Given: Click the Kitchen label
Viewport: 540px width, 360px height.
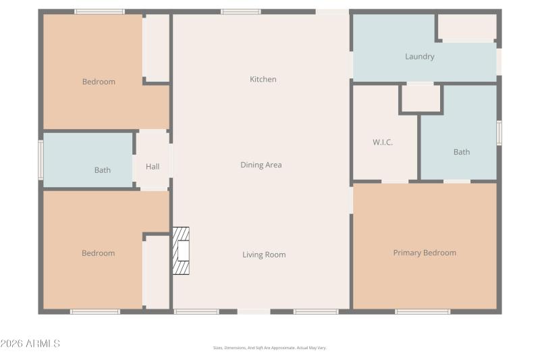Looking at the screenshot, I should pos(263,79).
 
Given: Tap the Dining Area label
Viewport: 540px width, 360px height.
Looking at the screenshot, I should pos(261,165).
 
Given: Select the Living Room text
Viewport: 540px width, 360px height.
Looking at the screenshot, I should pos(264,255).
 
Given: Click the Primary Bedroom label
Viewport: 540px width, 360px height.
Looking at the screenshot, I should pos(425,253).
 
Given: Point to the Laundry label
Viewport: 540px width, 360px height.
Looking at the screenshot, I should pos(419,56).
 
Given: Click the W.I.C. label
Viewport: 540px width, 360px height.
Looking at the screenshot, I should pos(383,143).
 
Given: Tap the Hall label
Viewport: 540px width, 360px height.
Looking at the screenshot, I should pos(153,166).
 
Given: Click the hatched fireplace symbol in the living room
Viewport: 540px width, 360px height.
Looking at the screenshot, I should pos(181,251).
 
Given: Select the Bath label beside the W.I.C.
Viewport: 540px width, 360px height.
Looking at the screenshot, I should pos(461,152).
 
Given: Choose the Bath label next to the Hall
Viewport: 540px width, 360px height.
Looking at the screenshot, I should pos(103,170).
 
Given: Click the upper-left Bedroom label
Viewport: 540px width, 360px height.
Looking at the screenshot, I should pos(99,82).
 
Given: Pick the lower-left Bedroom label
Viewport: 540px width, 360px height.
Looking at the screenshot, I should pos(98,253).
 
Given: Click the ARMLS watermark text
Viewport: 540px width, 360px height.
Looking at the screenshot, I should pos(30,344).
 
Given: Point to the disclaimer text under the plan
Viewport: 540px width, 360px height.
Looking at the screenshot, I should pos(269,348).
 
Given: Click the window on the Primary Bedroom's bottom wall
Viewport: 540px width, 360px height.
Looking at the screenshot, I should pos(423,311).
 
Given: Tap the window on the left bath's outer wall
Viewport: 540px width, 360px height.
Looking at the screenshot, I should pos(40,160).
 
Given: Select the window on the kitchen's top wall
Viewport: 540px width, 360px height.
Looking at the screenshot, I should pos(241,11).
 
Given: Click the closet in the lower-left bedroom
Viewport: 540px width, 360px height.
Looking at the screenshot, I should pos(156,272).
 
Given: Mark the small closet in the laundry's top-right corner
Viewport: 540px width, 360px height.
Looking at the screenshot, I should pos(467,27).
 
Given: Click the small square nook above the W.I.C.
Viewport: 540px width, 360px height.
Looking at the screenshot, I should pos(421,99).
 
